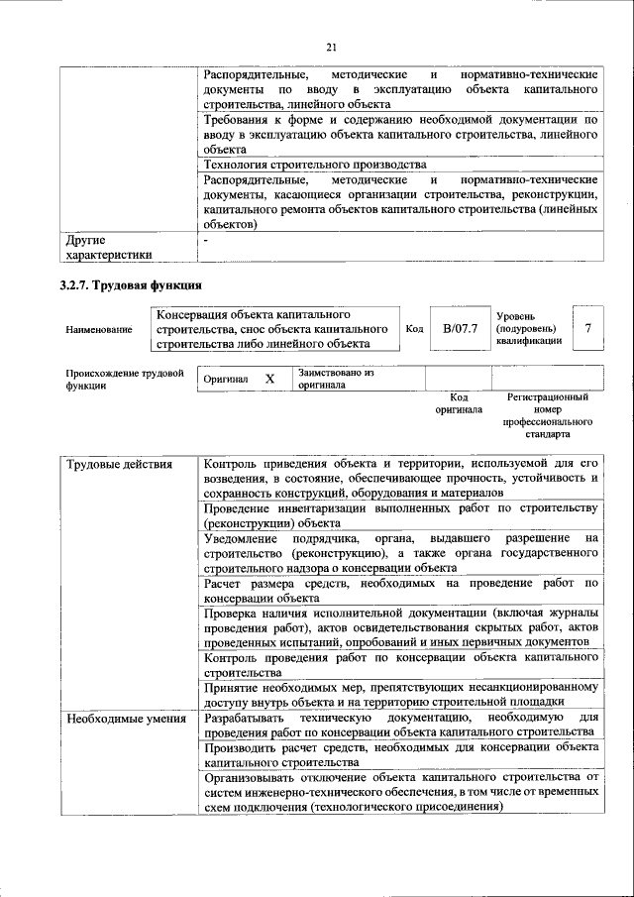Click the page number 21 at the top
331,47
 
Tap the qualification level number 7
589,328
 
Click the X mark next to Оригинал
268,379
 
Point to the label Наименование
98,329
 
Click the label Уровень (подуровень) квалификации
529,328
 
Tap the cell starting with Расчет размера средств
400,591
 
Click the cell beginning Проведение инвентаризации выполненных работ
400,515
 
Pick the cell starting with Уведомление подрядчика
400,553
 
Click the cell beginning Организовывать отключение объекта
400,793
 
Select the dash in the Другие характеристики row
206,241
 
